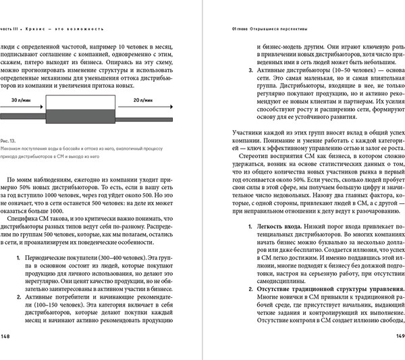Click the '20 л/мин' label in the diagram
coord(144,99)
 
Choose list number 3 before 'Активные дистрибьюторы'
coord(251,70)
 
